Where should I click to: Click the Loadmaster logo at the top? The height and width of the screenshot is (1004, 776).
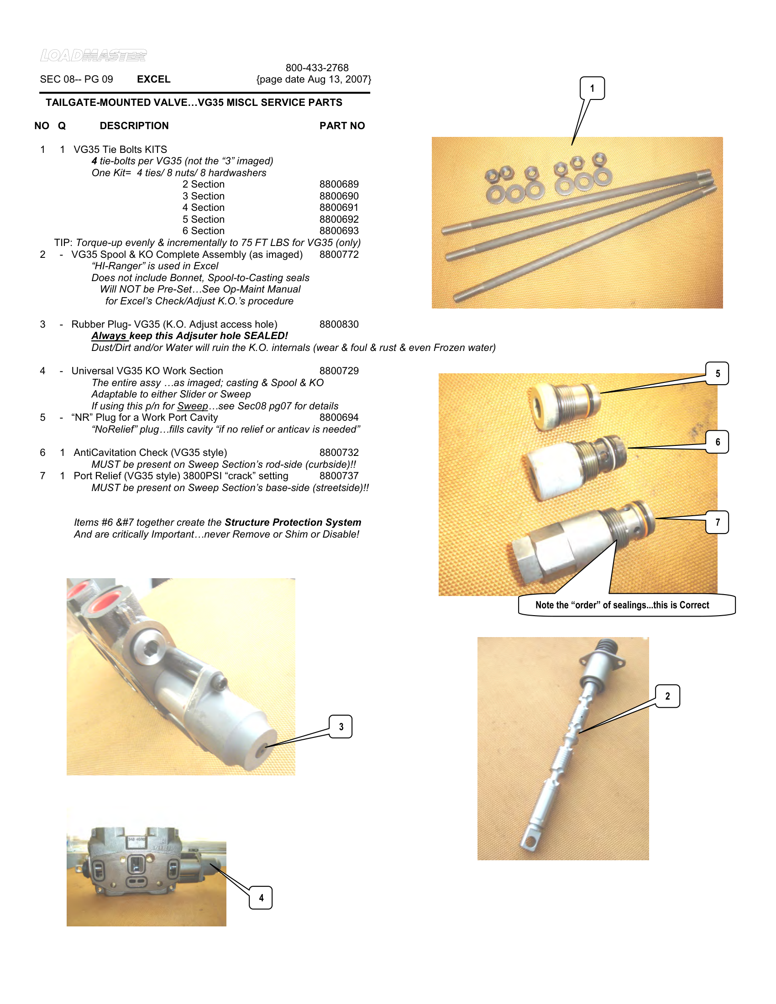point(93,56)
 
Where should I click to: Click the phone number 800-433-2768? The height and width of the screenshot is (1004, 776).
point(317,68)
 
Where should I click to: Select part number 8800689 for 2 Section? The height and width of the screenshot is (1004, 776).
point(339,184)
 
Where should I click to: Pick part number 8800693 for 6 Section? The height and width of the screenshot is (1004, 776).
point(339,231)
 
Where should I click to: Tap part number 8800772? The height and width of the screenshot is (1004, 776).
point(339,254)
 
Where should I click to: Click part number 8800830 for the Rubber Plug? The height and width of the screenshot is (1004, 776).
point(339,324)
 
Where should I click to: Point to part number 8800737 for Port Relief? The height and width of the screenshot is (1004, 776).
point(339,476)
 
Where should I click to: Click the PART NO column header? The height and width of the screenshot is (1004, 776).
point(342,125)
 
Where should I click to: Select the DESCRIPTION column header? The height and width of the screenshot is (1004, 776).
point(134,125)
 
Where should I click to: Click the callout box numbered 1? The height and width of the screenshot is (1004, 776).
point(592,88)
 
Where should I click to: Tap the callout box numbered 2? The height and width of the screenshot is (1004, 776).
point(667,695)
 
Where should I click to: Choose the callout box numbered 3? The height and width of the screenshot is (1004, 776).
point(341,727)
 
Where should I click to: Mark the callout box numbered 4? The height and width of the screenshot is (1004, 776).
point(261,897)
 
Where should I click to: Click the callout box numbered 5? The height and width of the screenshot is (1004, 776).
point(717,373)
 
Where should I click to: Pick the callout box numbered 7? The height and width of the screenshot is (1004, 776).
point(717,522)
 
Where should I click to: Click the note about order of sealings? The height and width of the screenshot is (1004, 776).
point(622,605)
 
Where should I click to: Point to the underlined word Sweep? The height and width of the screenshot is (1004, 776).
point(193,406)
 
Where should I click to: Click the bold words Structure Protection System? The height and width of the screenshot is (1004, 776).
point(293,522)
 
